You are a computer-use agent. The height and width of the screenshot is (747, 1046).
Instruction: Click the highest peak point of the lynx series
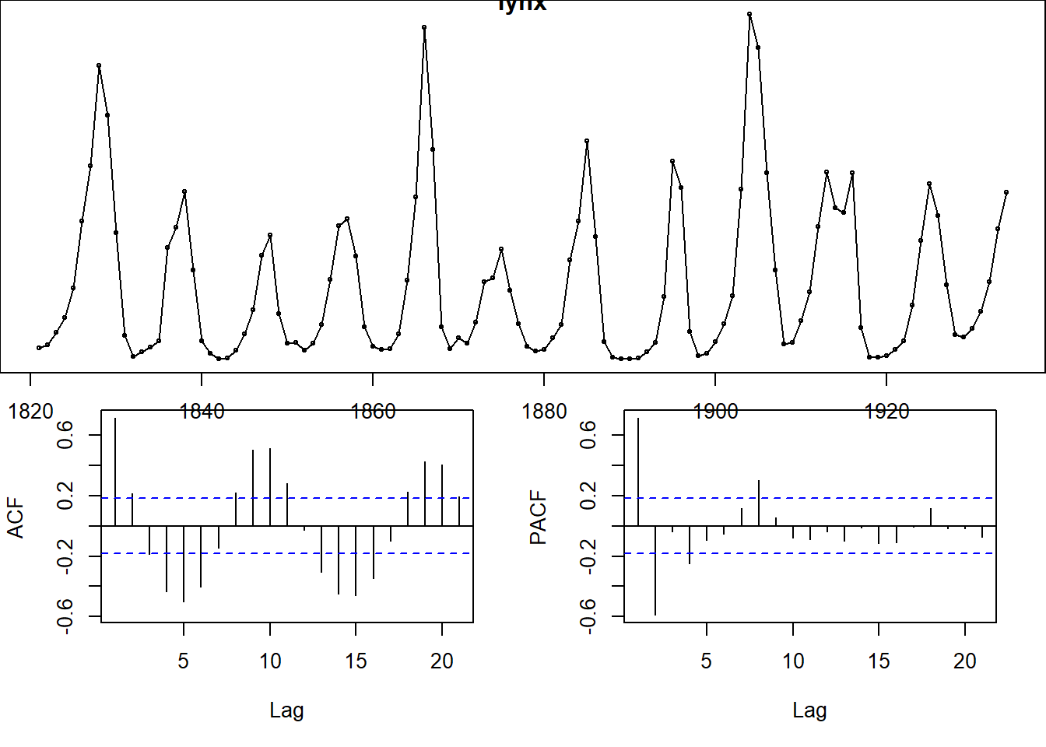click(x=749, y=14)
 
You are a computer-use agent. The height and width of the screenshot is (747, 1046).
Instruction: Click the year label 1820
click(x=31, y=411)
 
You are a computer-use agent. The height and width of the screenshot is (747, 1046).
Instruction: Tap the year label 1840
click(x=202, y=411)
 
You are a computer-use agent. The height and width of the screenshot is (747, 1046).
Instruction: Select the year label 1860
click(x=374, y=411)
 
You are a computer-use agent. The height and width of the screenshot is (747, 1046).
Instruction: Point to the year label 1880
click(x=544, y=411)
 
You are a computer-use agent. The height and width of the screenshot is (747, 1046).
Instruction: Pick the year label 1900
click(x=715, y=411)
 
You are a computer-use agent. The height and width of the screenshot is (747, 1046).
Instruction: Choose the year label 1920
click(x=886, y=411)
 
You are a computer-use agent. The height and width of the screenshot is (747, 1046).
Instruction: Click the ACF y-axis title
click(x=16, y=518)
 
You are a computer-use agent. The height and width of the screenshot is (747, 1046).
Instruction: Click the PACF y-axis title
click(x=539, y=518)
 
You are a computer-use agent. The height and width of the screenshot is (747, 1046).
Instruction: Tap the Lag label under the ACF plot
click(x=286, y=710)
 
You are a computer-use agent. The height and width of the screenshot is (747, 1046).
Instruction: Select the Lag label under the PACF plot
click(x=809, y=710)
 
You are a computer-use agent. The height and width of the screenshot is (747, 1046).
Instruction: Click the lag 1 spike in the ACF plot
click(x=115, y=472)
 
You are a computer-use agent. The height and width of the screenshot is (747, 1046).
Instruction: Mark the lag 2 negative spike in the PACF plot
click(x=655, y=570)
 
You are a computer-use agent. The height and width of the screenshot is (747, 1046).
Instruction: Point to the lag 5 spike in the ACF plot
click(x=184, y=564)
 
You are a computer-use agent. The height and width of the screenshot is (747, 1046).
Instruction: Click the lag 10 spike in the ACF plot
click(x=270, y=487)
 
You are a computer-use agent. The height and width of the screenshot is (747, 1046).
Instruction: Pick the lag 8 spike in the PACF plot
click(x=759, y=503)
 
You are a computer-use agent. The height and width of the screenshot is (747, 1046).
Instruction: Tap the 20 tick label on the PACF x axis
click(x=965, y=661)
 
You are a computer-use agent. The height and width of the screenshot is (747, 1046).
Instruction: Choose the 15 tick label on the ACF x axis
click(x=356, y=661)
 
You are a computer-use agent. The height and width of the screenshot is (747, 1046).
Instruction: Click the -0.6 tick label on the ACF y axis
click(x=65, y=615)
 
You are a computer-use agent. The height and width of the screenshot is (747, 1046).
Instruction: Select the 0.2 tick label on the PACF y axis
click(x=588, y=496)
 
